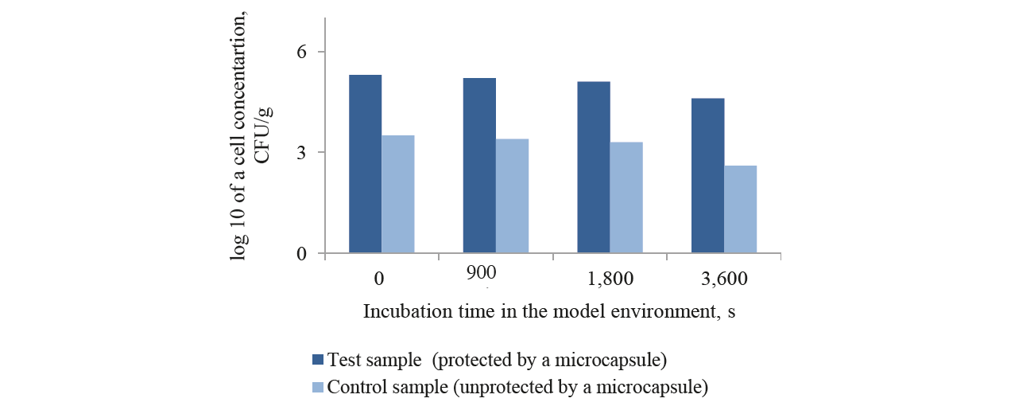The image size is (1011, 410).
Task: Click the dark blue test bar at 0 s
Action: pos(365,164)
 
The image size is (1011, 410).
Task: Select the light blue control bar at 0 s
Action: pos(397,194)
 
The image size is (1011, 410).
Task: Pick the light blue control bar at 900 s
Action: pos(512,196)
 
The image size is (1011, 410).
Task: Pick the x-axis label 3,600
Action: pos(723,279)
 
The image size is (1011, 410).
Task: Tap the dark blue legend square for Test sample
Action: pos(318,360)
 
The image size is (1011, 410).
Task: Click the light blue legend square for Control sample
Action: pos(318,388)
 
